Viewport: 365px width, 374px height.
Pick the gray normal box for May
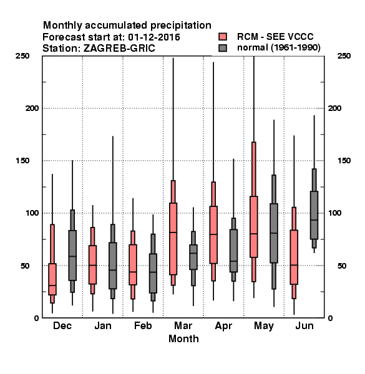[274, 233]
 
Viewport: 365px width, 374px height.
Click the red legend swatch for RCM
[223, 37]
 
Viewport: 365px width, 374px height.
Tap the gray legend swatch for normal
[223, 48]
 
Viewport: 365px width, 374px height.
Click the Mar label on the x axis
[183, 325]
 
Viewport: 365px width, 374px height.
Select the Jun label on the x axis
[304, 325]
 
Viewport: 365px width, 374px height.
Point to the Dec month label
[62, 325]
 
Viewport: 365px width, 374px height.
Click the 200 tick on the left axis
[32, 108]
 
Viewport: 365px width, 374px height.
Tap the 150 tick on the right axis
[344, 161]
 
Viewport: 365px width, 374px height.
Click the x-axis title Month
[183, 338]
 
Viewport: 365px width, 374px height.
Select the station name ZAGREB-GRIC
[119, 49]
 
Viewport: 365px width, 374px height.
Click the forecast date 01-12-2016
[154, 37]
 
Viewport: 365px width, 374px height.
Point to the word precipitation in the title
[181, 26]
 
